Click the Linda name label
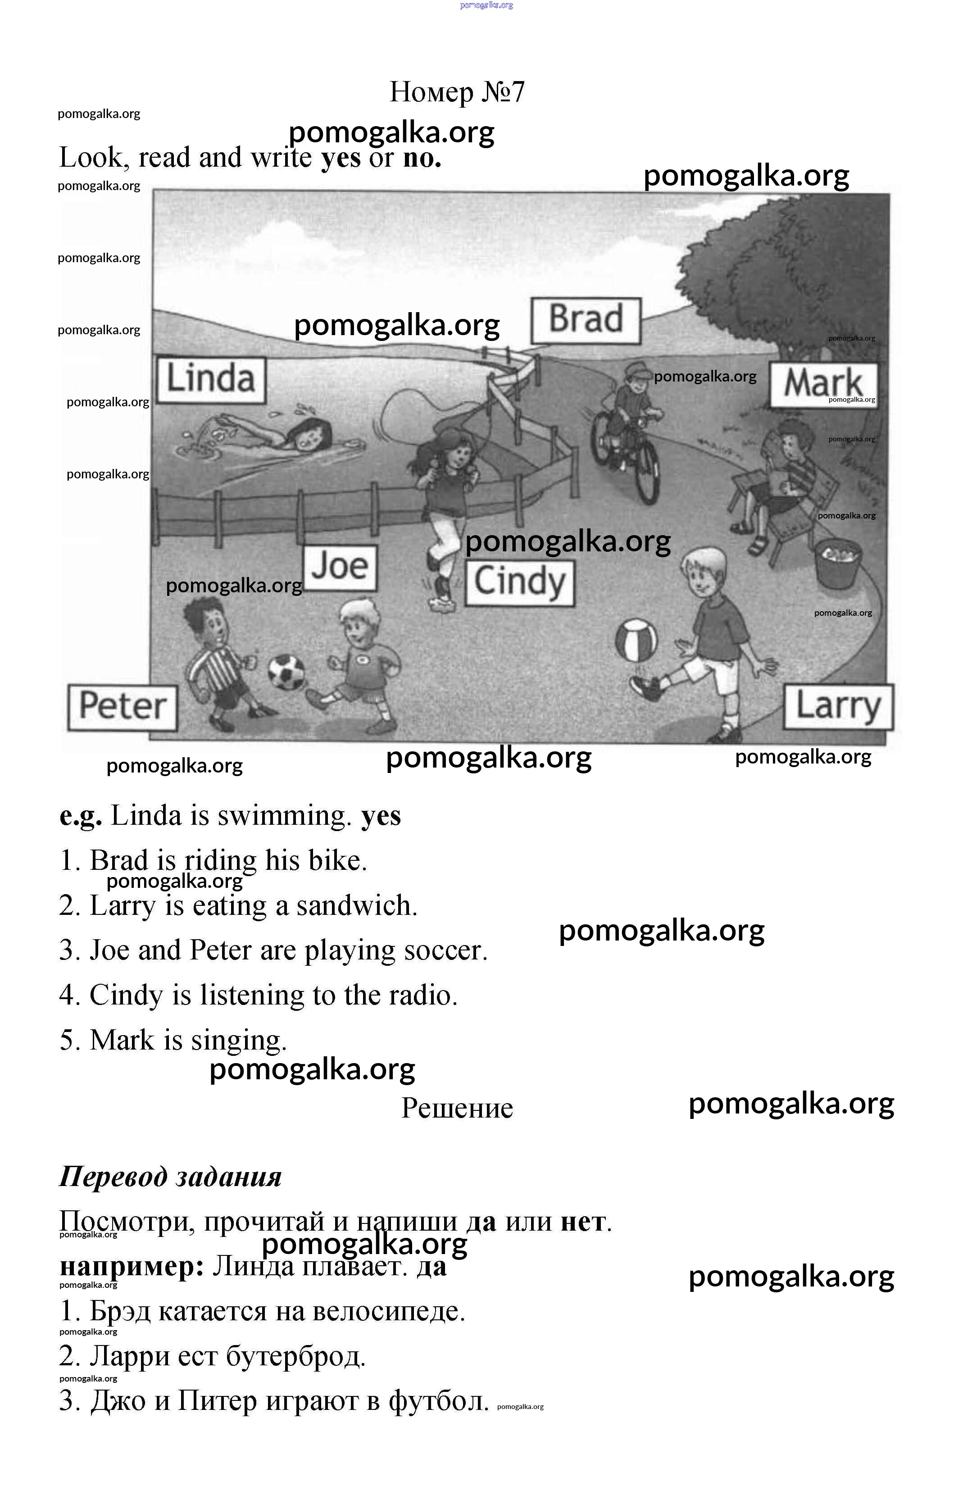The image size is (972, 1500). coord(210,380)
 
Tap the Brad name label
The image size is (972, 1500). coord(586,320)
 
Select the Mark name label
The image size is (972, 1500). coord(822,384)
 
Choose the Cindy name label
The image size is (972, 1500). coord(519,583)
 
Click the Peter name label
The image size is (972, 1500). coord(122,707)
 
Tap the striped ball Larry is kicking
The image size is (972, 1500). coord(636,641)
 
